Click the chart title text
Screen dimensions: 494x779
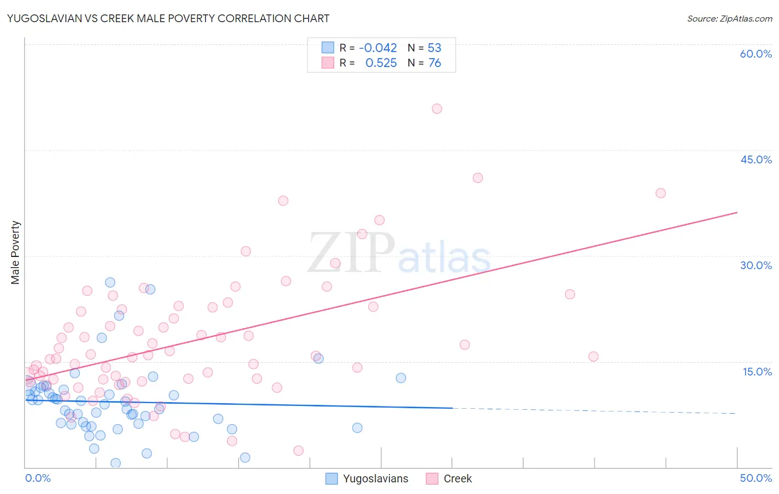168,18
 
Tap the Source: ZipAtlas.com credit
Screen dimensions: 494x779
729,18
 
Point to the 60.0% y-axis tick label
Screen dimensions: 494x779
756,54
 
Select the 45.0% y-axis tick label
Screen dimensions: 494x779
756,159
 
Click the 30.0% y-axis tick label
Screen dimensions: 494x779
756,265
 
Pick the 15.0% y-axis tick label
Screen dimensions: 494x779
757,372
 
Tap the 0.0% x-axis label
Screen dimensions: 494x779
38,478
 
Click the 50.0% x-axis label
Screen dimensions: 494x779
756,478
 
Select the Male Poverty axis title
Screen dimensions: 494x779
15,253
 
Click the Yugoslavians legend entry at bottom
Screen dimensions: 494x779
367,478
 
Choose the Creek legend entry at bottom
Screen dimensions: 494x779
449,478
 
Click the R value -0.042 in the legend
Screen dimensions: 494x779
378,48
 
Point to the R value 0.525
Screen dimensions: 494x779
381,63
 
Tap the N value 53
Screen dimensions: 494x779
434,48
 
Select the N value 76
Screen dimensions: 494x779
434,63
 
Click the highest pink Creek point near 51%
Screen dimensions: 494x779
437,109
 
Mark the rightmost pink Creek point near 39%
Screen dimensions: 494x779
660,193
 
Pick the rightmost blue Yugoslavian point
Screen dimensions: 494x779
401,378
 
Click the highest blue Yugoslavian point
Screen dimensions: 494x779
110,282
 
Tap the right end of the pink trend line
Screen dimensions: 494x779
737,213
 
